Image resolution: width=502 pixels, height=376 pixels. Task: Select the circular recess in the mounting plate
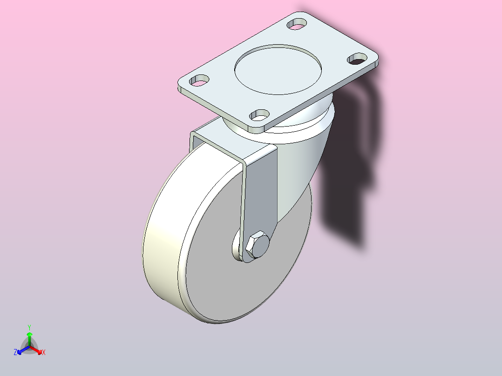tap(278, 69)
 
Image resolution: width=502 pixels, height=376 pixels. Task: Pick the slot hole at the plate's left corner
tap(199, 80)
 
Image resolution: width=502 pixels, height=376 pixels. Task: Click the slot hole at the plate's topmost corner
tap(298, 23)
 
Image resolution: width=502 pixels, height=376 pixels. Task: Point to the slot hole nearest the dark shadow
tap(358, 58)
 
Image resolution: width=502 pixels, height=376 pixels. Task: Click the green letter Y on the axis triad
tap(29, 327)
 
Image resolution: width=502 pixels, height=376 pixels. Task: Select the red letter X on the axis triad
tap(44, 353)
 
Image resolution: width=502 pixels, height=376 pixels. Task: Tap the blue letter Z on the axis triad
tap(15, 353)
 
